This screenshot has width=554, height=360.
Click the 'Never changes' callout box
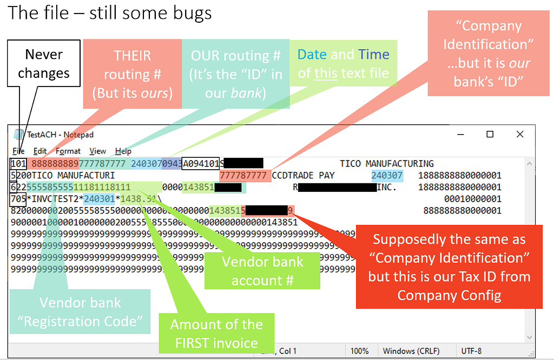pyautogui.click(x=44, y=64)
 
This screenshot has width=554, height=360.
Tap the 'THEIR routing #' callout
pyautogui.click(x=133, y=74)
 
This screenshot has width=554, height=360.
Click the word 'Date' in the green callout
pyautogui.click(x=312, y=55)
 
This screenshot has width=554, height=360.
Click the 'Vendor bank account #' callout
pyautogui.click(x=262, y=271)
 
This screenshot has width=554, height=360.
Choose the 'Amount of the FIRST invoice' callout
pyautogui.click(x=216, y=333)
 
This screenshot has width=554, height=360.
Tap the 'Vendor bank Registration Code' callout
pyautogui.click(x=80, y=312)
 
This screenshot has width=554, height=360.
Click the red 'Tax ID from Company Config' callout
pyautogui.click(x=449, y=266)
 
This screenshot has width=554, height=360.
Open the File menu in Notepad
pyautogui.click(x=18, y=151)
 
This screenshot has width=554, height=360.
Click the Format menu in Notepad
pyautogui.click(x=68, y=151)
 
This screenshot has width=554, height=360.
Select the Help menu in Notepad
pyautogui.click(x=123, y=151)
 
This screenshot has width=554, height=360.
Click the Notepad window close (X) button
pyautogui.click(x=520, y=135)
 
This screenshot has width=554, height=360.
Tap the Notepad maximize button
pyautogui.click(x=490, y=135)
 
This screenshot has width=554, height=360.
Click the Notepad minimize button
pyautogui.click(x=459, y=135)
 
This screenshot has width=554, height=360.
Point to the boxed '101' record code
pyautogui.click(x=18, y=164)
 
